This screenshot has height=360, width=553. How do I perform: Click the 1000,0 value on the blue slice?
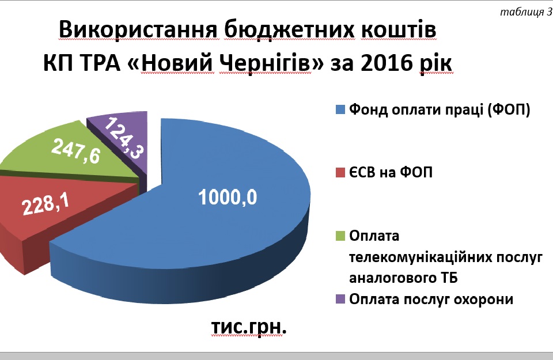click(x=228, y=197)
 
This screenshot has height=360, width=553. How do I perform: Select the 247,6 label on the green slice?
click(x=76, y=151)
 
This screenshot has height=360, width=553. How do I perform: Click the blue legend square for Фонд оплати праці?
click(x=340, y=109)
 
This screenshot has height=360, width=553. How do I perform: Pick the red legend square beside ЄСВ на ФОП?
click(x=340, y=173)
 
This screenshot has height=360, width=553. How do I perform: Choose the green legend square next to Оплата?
click(x=340, y=236)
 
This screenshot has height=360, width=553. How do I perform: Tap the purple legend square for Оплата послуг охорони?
click(x=340, y=300)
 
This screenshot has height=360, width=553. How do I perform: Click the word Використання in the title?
click(x=138, y=29)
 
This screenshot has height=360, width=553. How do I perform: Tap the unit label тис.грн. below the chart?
click(x=249, y=327)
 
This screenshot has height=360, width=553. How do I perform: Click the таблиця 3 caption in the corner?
click(x=526, y=12)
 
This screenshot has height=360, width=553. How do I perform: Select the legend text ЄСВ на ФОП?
click(x=391, y=172)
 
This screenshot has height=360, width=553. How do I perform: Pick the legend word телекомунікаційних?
click(x=420, y=257)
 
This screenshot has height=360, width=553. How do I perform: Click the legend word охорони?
click(x=483, y=300)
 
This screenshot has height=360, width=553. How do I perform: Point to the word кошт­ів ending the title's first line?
click(x=399, y=29)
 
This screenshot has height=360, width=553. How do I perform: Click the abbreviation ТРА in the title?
click(x=101, y=63)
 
